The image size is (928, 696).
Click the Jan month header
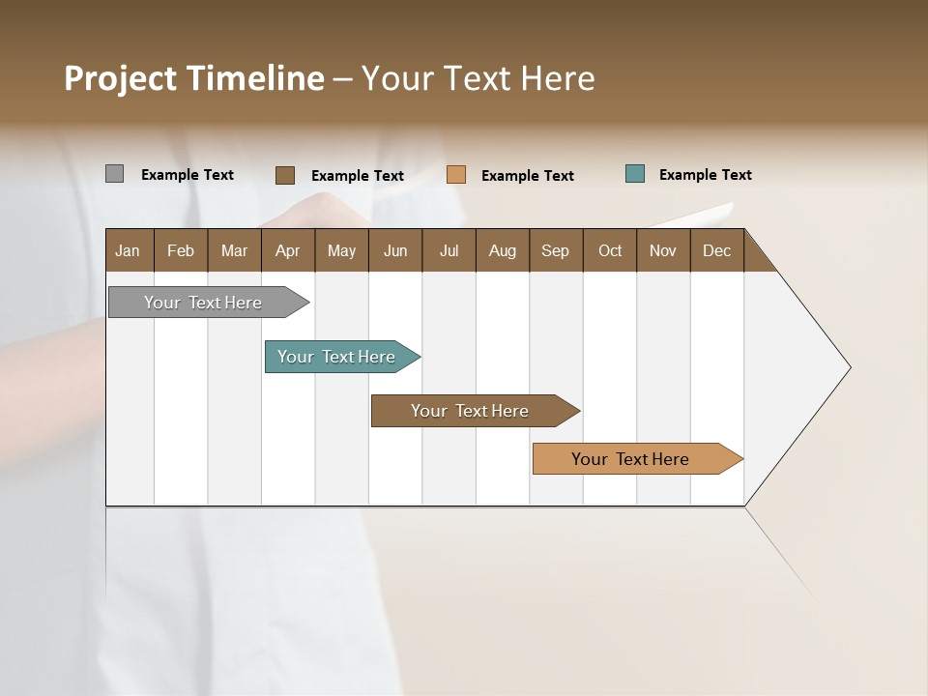point(129,250)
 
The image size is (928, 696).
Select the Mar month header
point(234,250)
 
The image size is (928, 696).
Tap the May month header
point(341,250)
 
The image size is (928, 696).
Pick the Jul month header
point(449,250)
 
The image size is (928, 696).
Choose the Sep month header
point(555,250)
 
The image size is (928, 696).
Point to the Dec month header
point(716,250)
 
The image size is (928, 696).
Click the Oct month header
point(610,250)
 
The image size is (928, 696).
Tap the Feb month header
point(181,250)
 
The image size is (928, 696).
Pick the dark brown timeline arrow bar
point(471,411)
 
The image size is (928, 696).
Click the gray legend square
point(114,174)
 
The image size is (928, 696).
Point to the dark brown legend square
point(284,175)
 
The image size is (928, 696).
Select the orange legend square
point(456,175)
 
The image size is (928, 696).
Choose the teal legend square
point(635,174)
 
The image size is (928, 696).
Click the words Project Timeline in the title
point(194,78)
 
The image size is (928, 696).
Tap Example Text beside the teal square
point(705,175)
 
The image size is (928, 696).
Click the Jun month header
point(395,250)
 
